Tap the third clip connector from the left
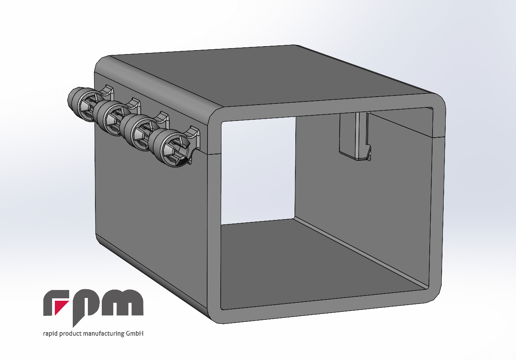click(x=137, y=130)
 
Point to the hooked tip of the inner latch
click(x=368, y=153)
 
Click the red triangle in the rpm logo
click(x=60, y=306)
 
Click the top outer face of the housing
click(x=270, y=76)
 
